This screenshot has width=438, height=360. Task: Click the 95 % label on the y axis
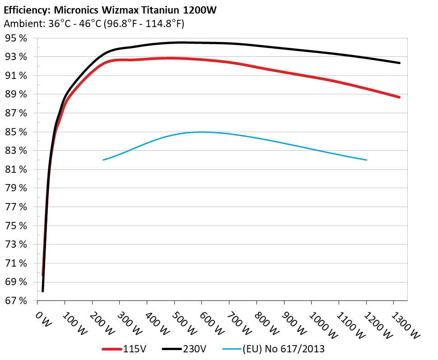(15, 38)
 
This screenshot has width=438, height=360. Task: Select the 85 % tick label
(15, 132)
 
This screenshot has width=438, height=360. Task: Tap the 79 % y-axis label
(15, 189)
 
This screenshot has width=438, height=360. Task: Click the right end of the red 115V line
(399, 97)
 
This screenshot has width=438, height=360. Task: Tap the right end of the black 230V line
(399, 63)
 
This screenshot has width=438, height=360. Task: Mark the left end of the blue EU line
(103, 160)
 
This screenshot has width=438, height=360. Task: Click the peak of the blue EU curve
(201, 132)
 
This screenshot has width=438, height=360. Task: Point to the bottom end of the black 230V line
(43, 291)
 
